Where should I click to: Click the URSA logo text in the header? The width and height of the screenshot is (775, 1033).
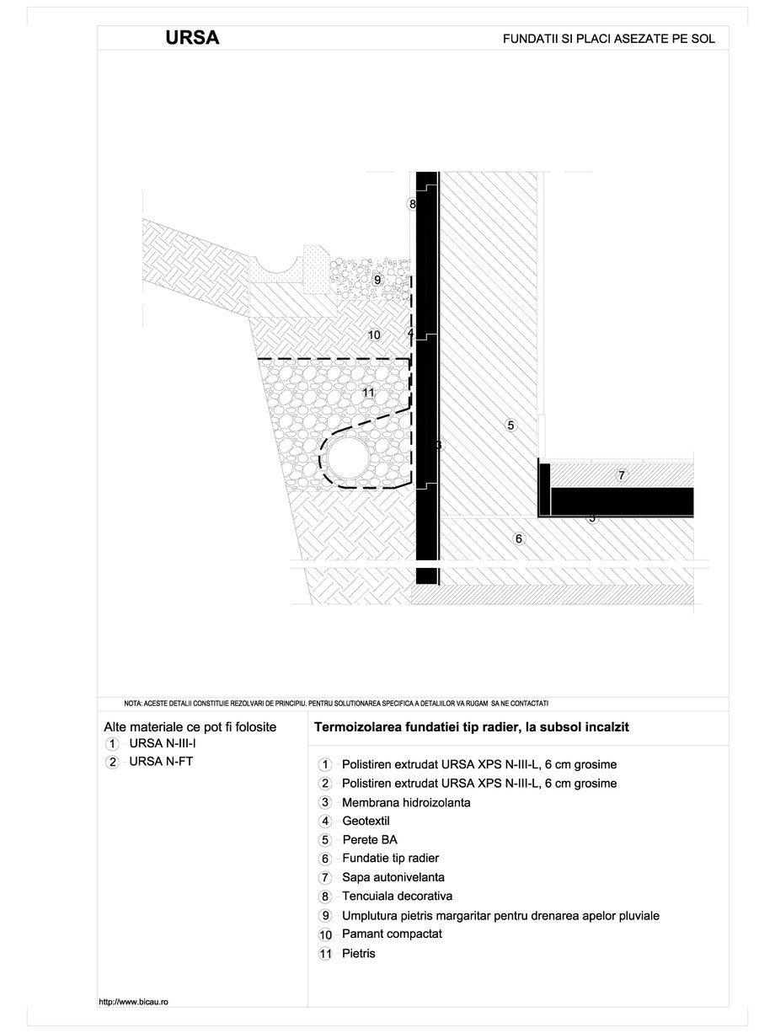click(x=193, y=38)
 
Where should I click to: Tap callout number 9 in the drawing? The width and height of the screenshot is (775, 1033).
click(x=377, y=280)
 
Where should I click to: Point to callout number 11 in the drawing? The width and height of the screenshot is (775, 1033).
click(x=367, y=392)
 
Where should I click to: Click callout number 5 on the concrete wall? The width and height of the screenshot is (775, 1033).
click(x=510, y=425)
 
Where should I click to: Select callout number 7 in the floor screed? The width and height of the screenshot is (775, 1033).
click(x=621, y=476)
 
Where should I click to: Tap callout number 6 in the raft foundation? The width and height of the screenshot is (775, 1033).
click(x=519, y=538)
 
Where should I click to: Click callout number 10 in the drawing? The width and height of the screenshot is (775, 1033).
click(x=374, y=335)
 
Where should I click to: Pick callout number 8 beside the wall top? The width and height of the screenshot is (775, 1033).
click(x=412, y=204)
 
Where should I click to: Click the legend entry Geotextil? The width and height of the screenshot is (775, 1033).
click(x=366, y=822)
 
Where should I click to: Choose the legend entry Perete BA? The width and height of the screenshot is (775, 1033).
click(x=369, y=840)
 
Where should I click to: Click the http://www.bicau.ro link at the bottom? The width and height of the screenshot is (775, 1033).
click(x=134, y=1001)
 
